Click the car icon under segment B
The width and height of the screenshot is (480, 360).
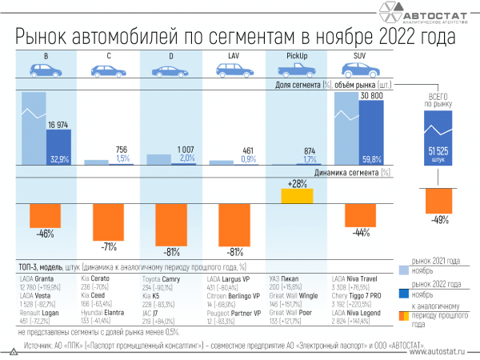[46, 70]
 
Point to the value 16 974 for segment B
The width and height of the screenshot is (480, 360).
[59, 124]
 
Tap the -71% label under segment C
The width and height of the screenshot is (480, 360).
[109, 246]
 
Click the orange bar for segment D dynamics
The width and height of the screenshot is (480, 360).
[170, 227]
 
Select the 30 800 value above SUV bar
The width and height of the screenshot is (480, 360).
[373, 95]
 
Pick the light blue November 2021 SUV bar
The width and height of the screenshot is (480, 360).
[346, 128]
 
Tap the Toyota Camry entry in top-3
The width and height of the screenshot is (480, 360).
[163, 278]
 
